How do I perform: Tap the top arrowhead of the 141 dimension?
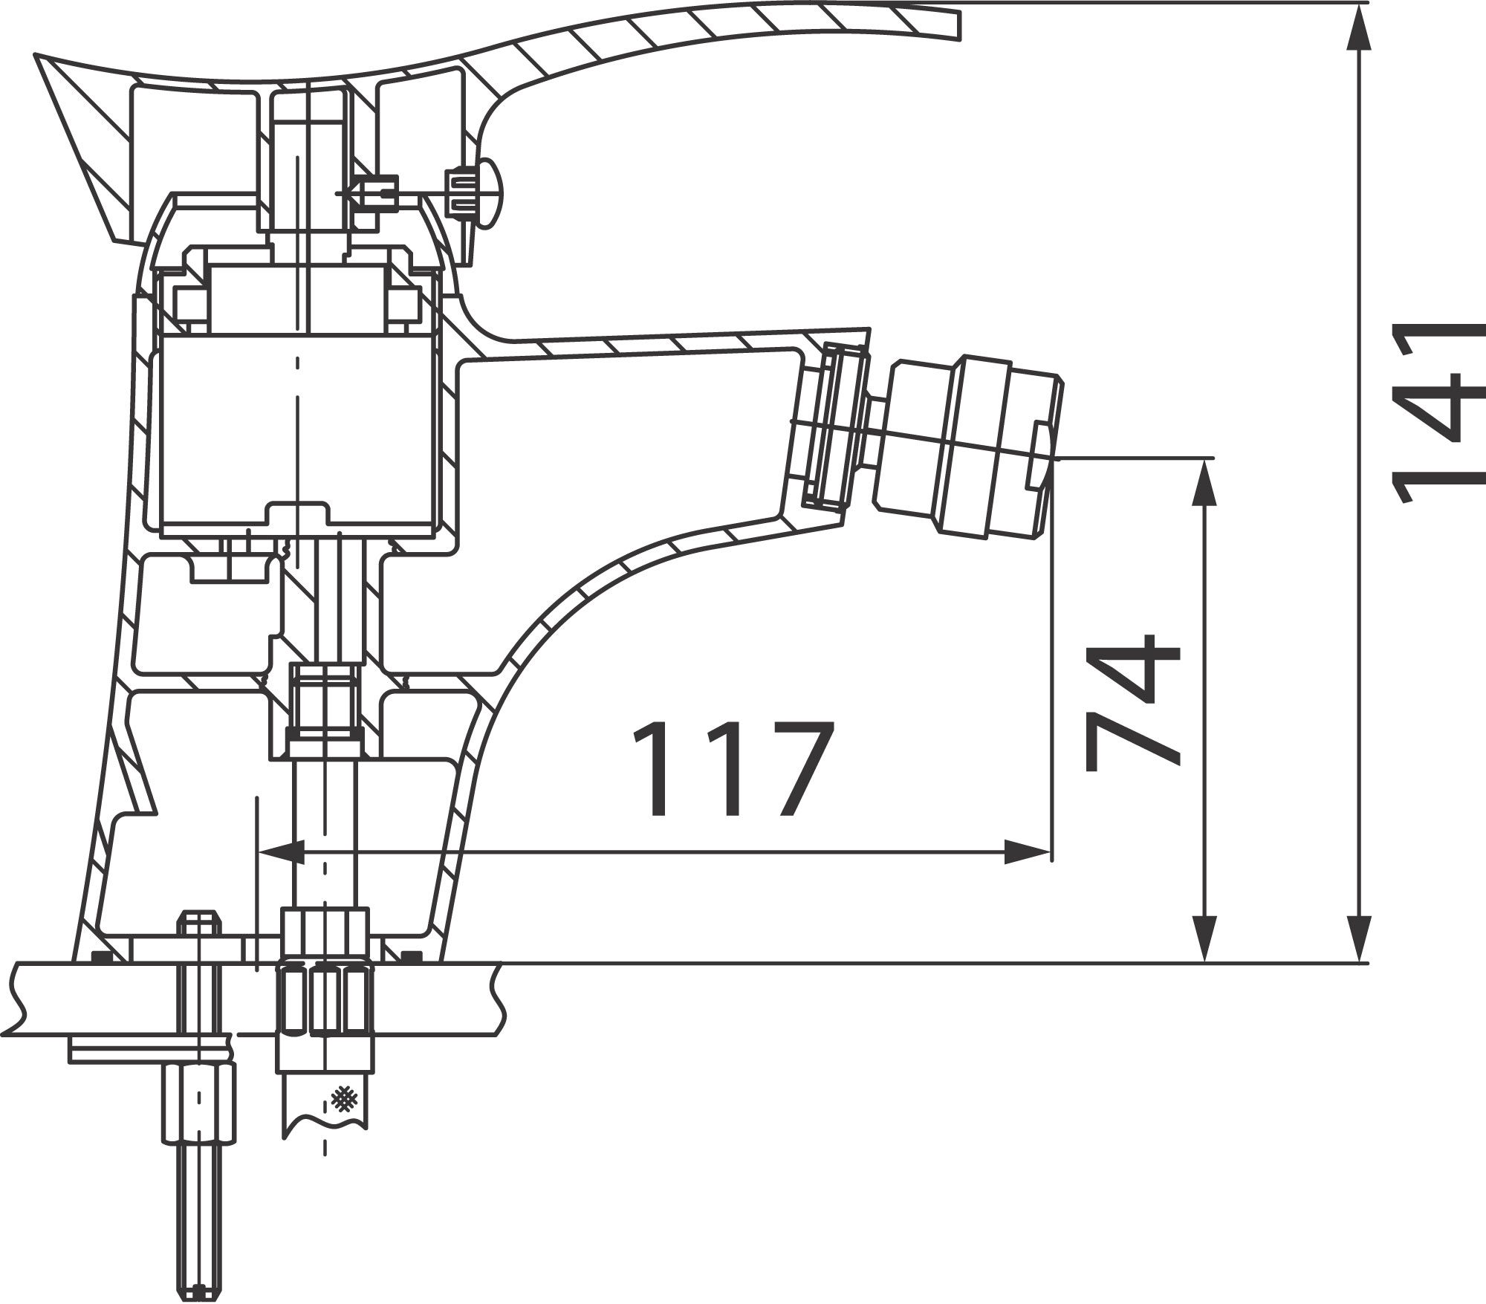coord(1359,30)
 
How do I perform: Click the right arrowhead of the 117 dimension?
coord(1029,852)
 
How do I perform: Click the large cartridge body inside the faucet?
coord(297,431)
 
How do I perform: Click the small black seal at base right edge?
coord(408,956)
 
